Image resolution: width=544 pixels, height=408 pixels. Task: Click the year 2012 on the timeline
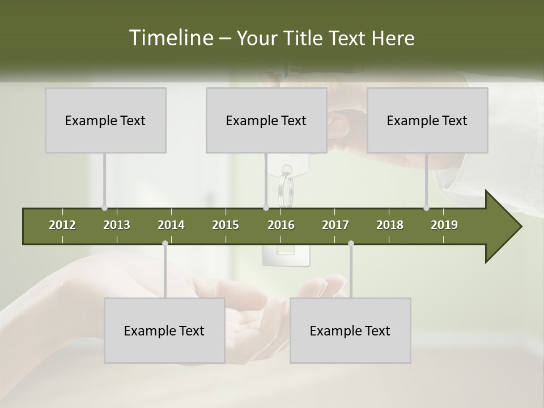(x=62, y=225)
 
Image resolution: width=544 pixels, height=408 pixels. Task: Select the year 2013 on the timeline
(x=117, y=225)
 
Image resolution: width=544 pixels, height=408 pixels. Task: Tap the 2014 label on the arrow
(x=171, y=225)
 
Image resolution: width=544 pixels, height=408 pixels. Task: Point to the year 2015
(x=226, y=225)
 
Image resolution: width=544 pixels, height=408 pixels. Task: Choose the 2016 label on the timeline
(x=281, y=225)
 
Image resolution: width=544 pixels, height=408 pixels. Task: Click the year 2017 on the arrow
(x=335, y=225)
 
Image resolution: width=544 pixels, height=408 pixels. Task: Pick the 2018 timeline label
(x=390, y=225)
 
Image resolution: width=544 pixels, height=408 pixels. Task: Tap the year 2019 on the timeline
(x=444, y=225)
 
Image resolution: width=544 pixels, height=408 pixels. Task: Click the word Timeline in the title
(x=169, y=38)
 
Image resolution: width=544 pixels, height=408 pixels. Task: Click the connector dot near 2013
(x=104, y=208)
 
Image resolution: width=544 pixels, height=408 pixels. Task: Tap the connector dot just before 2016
(x=266, y=208)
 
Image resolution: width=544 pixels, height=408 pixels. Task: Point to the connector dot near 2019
(x=426, y=208)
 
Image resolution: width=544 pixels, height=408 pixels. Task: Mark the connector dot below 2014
(x=165, y=244)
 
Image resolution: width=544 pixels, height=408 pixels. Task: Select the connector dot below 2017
(x=351, y=244)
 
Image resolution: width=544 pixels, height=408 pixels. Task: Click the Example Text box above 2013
(x=105, y=120)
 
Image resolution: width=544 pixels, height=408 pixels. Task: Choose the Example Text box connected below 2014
(x=164, y=330)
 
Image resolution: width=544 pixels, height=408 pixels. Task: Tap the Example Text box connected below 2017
(x=350, y=330)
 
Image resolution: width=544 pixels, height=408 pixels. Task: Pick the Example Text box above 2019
(x=427, y=120)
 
